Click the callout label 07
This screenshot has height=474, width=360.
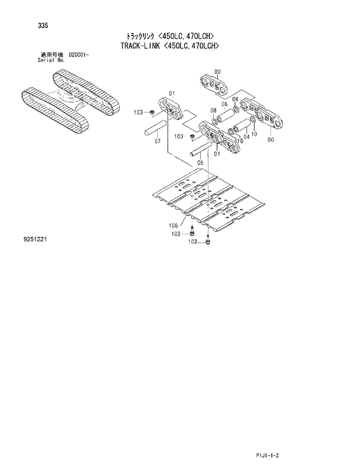[157, 142]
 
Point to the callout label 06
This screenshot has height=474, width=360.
[224, 104]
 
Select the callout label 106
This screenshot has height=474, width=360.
[173, 225]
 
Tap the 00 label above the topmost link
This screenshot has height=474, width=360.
[217, 71]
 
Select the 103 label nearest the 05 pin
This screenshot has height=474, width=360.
[179, 136]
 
